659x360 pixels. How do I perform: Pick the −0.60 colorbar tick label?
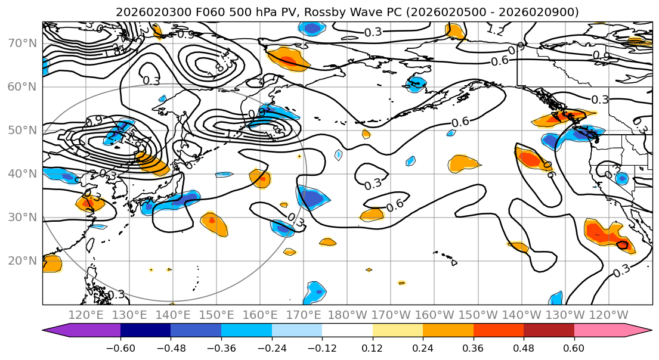(120, 347)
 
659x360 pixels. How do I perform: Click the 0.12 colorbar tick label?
(372, 347)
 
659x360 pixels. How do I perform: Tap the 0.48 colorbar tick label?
(524, 347)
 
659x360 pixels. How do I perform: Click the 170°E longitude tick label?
(304, 315)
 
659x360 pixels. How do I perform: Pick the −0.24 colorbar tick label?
(271, 347)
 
